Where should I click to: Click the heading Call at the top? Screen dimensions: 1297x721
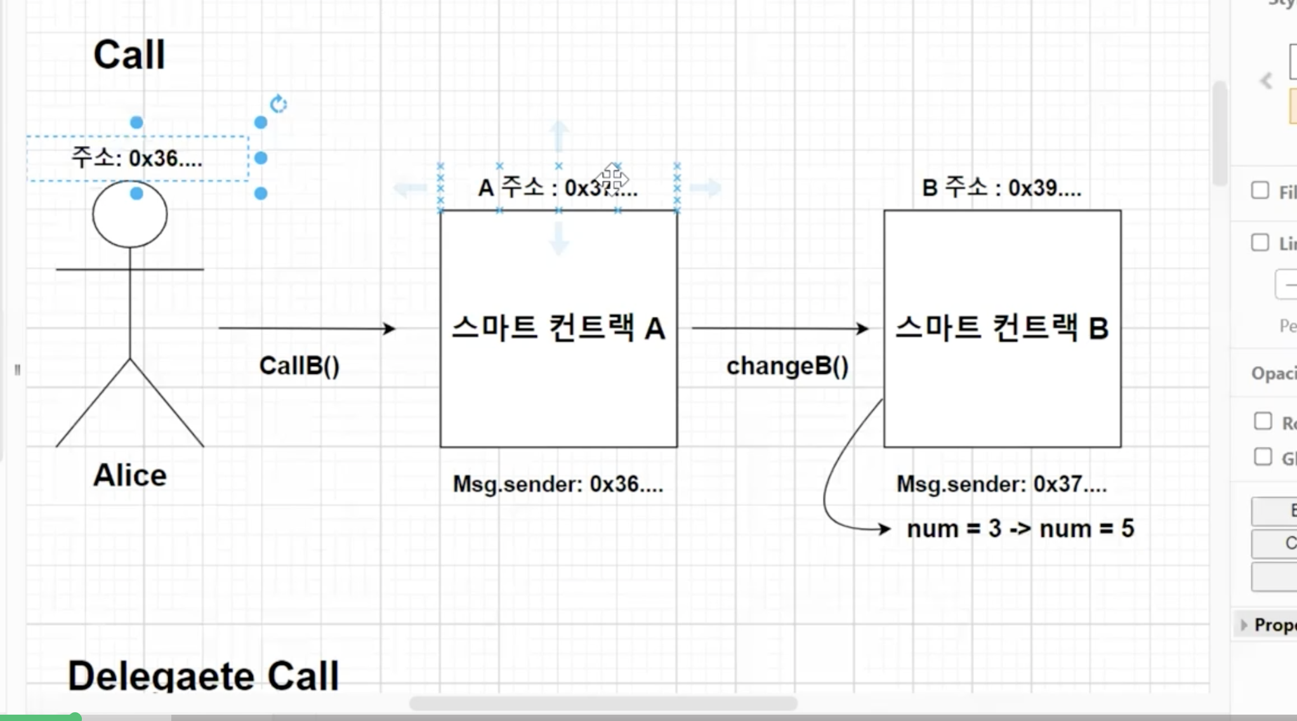(x=129, y=55)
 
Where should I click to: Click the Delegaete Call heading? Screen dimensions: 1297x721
(x=203, y=675)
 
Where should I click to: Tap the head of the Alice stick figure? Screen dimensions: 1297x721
(x=130, y=215)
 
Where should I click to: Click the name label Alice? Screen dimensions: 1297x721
(x=130, y=475)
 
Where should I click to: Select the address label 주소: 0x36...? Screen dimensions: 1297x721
(x=137, y=158)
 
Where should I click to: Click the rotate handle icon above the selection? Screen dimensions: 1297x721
(x=279, y=104)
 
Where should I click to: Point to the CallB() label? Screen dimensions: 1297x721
(x=300, y=366)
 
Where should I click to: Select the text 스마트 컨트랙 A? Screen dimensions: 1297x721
(x=558, y=328)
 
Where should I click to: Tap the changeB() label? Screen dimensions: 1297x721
(x=787, y=366)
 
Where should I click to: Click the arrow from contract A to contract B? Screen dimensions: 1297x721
(x=780, y=328)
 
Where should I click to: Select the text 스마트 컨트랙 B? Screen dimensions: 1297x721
(x=1002, y=328)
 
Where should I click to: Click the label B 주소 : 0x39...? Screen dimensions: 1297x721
(x=1001, y=188)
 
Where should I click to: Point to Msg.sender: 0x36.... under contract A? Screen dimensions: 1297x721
(x=558, y=484)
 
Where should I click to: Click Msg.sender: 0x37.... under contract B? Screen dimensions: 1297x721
(x=1001, y=484)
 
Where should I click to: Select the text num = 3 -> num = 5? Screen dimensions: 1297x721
(x=1020, y=528)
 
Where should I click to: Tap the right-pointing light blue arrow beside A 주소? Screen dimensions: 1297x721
(x=706, y=187)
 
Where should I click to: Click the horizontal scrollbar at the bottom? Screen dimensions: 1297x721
(x=603, y=703)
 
